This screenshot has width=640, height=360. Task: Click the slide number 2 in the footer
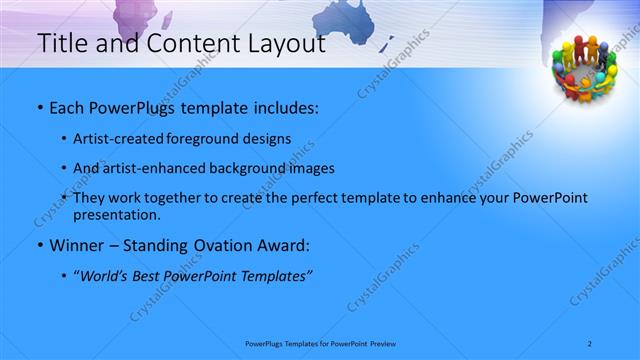tap(591, 343)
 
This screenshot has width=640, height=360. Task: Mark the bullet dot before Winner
tap(39, 246)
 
